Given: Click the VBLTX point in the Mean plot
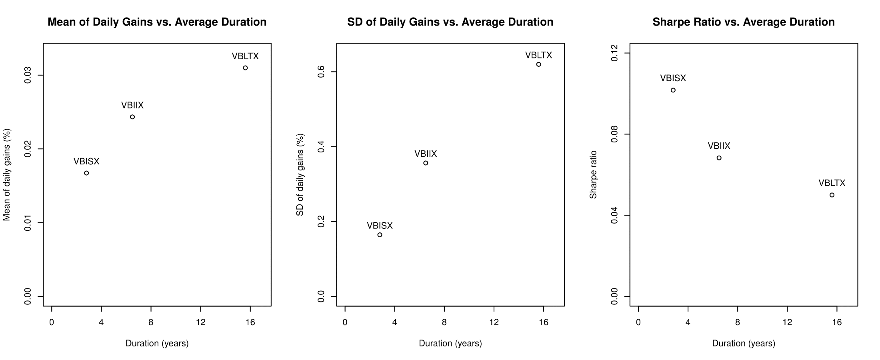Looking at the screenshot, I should (245, 68).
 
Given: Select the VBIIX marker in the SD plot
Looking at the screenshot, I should (426, 163).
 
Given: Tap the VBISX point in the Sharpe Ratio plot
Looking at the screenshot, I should (673, 90).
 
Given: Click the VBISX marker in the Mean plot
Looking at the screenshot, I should (86, 173).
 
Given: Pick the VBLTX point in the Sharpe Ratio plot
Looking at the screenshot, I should (832, 195).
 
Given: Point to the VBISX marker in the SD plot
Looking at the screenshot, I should (380, 235).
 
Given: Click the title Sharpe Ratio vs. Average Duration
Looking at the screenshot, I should (744, 22).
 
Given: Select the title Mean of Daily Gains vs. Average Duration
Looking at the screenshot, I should (157, 22).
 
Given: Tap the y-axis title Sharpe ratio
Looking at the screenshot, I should (593, 174).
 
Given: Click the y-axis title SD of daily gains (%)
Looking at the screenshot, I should (300, 174).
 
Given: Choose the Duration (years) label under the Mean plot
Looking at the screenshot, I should (157, 343).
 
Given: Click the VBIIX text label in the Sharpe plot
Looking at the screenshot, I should (719, 146).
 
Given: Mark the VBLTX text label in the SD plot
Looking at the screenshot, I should (538, 55).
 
